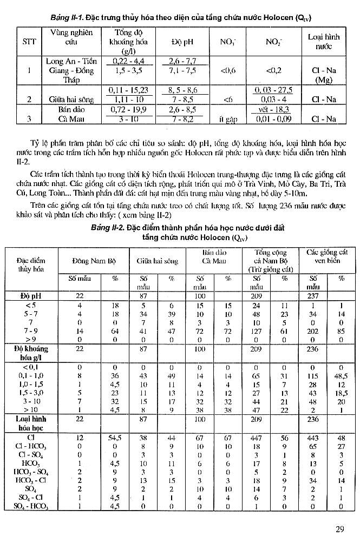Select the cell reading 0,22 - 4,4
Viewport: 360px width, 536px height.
pyautogui.click(x=124, y=62)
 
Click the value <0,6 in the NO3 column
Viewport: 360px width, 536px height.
pyautogui.click(x=227, y=70)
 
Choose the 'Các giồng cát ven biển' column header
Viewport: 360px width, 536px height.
pyautogui.click(x=326, y=256)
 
